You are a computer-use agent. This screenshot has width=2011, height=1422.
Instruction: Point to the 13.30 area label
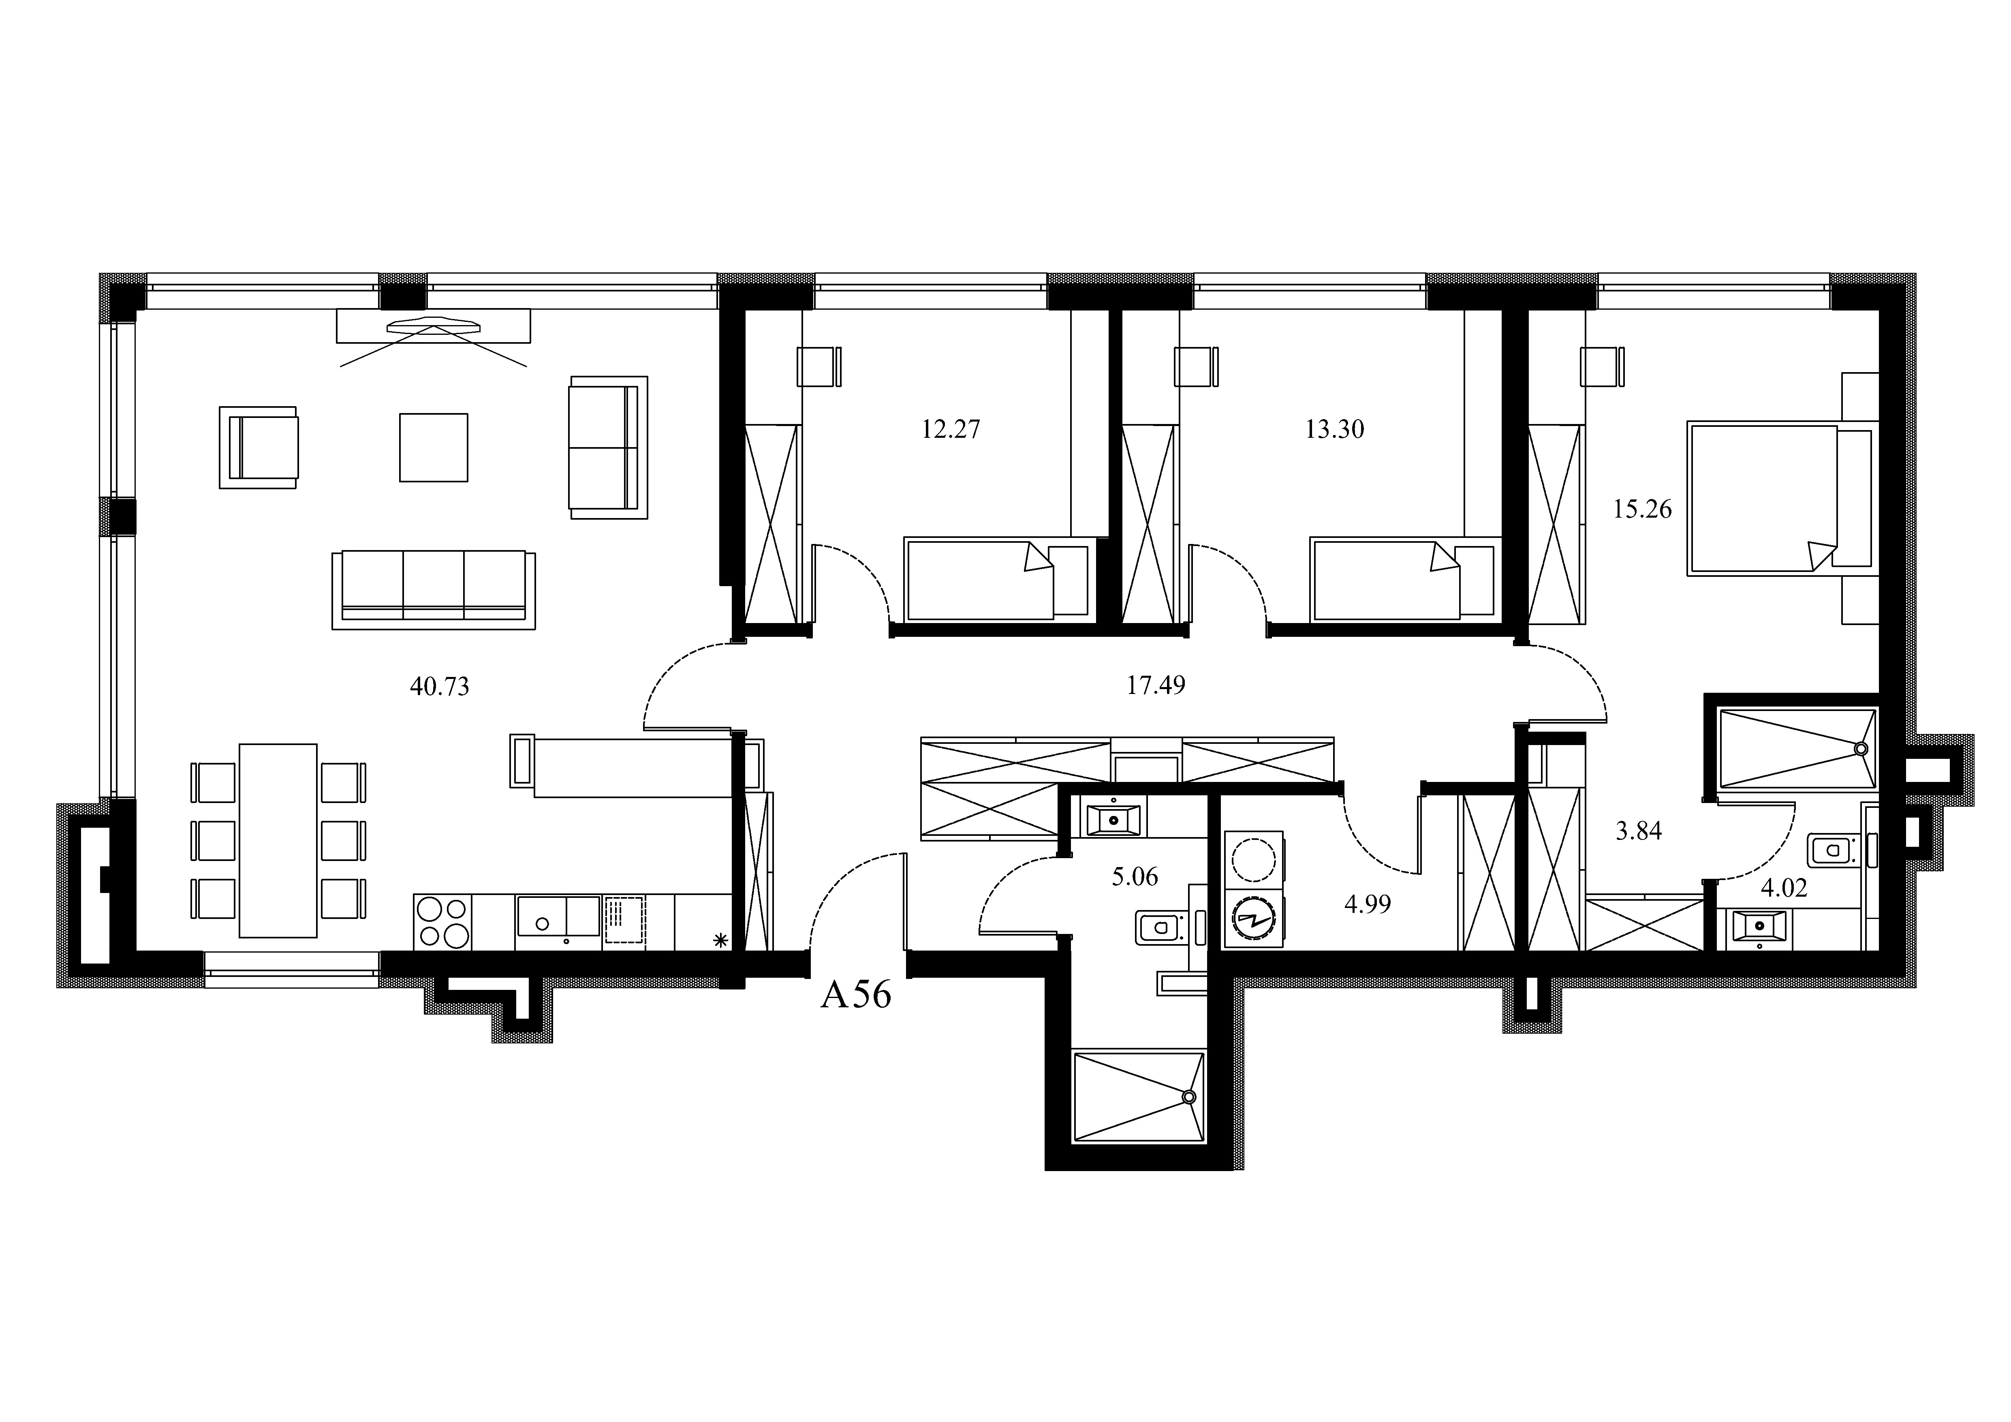click(x=1335, y=429)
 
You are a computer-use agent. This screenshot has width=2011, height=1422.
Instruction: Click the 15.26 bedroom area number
click(x=1642, y=509)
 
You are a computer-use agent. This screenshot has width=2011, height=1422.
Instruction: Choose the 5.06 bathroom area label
click(x=1135, y=876)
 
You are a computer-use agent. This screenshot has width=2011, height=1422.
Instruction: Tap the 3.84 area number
click(x=1639, y=831)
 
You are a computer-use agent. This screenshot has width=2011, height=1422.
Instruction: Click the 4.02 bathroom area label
click(x=1784, y=889)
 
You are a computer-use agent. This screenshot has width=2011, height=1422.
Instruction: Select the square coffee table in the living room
click(x=434, y=448)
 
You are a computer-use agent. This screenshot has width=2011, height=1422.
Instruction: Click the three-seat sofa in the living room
click(x=434, y=590)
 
